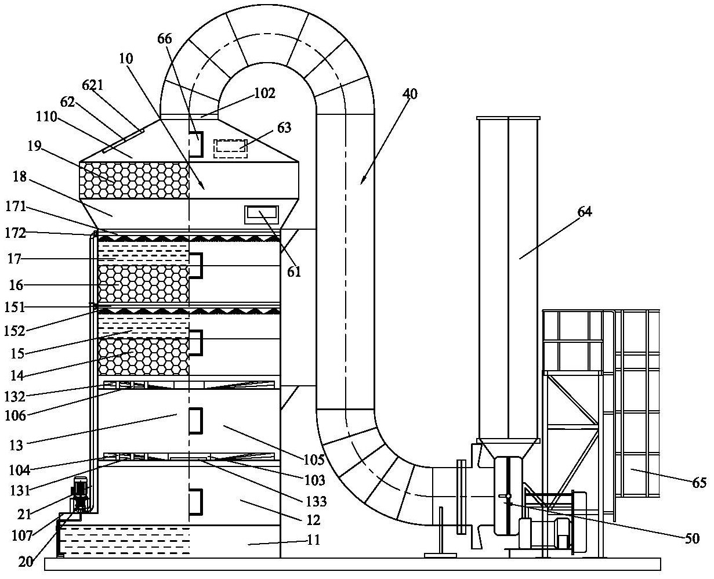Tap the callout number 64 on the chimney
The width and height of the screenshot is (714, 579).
[x=584, y=212]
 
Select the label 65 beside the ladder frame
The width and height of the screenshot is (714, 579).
[x=700, y=483]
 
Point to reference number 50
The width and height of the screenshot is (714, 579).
[x=692, y=538]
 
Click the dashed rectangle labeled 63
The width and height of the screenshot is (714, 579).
[x=230, y=148]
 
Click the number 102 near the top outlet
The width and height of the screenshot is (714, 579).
[x=264, y=93]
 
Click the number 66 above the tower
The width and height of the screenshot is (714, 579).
[x=165, y=39]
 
